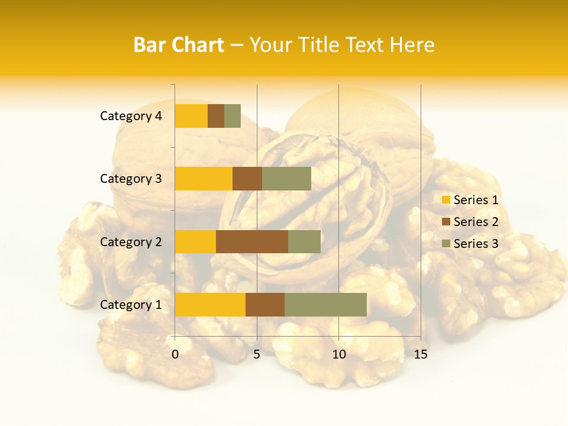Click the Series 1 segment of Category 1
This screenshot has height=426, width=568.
(210, 305)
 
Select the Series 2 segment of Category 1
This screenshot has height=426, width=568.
(265, 305)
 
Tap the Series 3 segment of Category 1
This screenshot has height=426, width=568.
(325, 305)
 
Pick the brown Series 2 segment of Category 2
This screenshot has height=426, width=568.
(252, 241)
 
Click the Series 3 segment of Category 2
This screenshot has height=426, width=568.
(304, 241)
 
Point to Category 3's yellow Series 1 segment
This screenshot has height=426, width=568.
(204, 179)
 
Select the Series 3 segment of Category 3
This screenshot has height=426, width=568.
(286, 179)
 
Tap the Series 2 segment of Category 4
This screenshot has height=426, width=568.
(216, 116)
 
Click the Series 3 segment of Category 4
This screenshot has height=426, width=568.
(233, 116)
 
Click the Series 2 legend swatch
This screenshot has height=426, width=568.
(446, 222)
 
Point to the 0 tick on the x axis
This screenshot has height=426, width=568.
(175, 354)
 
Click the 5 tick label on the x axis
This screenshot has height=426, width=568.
(257, 354)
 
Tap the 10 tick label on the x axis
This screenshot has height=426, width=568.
(338, 354)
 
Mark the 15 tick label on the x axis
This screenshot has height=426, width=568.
(420, 354)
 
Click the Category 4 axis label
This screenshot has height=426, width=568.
(131, 116)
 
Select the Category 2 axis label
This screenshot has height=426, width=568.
(131, 241)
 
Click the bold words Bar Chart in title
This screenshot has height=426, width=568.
(179, 45)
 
